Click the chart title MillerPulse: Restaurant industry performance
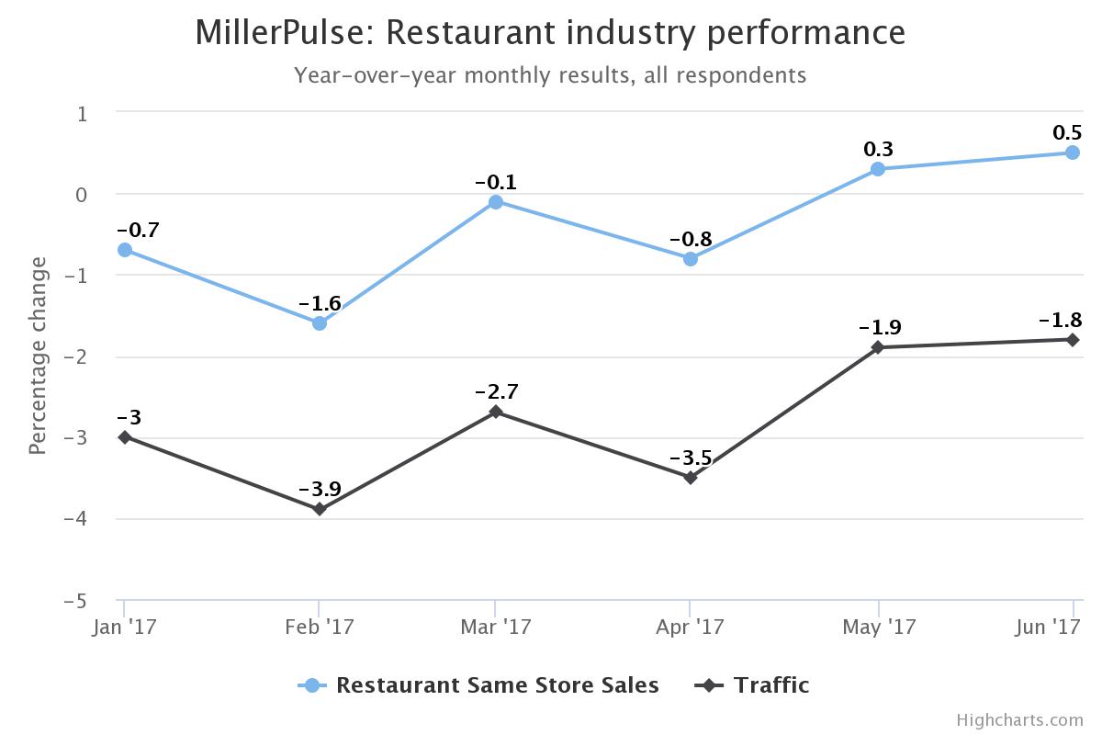(x=550, y=32)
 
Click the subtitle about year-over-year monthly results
(x=550, y=74)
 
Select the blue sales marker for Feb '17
(x=319, y=323)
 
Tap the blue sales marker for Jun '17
(x=1072, y=153)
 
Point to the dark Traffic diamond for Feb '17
(x=319, y=509)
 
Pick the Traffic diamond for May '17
(x=878, y=347)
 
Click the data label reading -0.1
(x=495, y=182)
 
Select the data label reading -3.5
(x=690, y=458)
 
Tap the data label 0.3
(x=878, y=149)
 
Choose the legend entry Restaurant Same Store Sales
(x=496, y=685)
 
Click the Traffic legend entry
(x=770, y=685)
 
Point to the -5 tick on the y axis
(x=76, y=601)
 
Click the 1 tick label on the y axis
(x=83, y=113)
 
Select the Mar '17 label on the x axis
(x=495, y=627)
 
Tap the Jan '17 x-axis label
(x=124, y=627)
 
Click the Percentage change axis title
(x=38, y=356)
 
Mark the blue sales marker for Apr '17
(x=690, y=259)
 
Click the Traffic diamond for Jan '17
(x=124, y=436)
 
